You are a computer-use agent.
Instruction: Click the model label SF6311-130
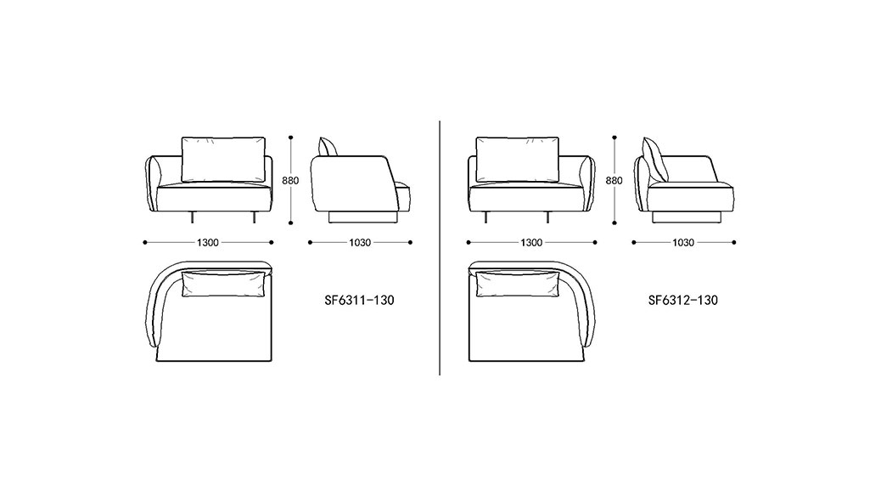(359, 301)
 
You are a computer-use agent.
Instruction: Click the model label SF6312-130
(682, 301)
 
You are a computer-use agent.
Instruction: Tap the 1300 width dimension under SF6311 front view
(208, 242)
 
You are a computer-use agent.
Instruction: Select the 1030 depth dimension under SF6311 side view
(360, 242)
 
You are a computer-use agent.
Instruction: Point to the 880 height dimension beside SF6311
(290, 181)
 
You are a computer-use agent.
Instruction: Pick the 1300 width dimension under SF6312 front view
(531, 242)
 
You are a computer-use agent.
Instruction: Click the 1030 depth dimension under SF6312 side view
(683, 242)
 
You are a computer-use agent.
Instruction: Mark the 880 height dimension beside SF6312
(614, 181)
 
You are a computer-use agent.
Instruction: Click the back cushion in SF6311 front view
(223, 159)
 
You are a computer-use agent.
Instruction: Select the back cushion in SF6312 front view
(518, 159)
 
